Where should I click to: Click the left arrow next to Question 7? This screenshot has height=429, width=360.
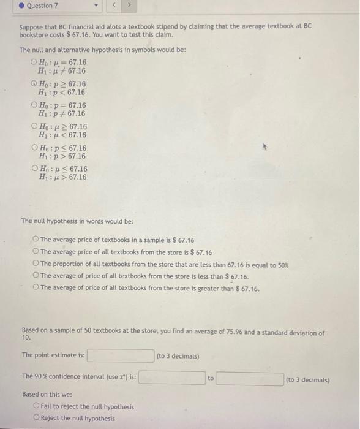click(113, 6)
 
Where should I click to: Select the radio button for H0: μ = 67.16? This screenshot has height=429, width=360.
click(34, 63)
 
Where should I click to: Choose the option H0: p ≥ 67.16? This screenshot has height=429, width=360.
click(34, 84)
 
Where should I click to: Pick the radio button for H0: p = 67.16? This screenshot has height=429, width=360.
click(34, 105)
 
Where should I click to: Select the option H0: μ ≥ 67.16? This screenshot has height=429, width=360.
click(34, 127)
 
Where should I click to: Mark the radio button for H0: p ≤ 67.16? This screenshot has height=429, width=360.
click(34, 148)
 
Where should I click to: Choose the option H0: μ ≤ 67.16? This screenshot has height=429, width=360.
click(34, 169)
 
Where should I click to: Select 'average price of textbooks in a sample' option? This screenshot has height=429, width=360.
click(36, 240)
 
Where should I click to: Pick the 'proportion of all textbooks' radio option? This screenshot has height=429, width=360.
click(36, 264)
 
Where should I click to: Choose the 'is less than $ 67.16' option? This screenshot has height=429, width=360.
click(36, 276)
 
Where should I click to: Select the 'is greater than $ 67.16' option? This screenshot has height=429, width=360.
click(36, 289)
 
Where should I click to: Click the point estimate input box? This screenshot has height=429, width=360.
click(121, 355)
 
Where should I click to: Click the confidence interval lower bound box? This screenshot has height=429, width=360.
click(171, 378)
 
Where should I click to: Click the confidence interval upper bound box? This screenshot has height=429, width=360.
click(249, 378)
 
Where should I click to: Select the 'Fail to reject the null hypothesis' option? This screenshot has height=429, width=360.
click(37, 406)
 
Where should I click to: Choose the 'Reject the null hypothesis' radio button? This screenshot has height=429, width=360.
click(37, 419)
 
